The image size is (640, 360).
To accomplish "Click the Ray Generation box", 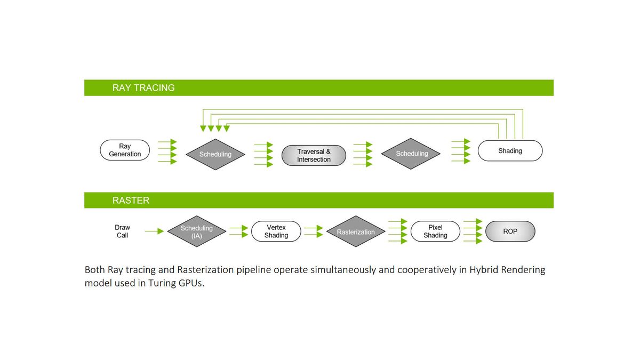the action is tap(125, 150).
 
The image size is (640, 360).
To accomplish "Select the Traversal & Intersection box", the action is tap(314, 155).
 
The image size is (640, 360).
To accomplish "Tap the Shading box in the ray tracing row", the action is tap(510, 150).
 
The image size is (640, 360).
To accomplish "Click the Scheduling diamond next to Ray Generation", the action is tap(215, 154).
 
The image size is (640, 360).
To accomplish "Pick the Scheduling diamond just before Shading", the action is tap(411, 154).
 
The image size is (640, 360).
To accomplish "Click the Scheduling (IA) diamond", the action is tap(197, 231).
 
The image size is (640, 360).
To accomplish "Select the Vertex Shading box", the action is tap(276, 231).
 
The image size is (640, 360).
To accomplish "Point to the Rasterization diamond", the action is tap(356, 231).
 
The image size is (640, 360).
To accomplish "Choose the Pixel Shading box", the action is tap(435, 231).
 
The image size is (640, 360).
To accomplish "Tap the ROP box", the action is tap(510, 231).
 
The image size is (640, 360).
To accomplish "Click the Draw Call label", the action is tap(122, 231).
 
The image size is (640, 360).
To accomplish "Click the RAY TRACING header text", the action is tap(143, 87).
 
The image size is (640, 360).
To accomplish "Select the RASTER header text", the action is tap(131, 201).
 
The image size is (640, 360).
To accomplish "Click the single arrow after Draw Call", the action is tap(154, 231).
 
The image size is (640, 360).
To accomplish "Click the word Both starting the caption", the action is tap(94, 270).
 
